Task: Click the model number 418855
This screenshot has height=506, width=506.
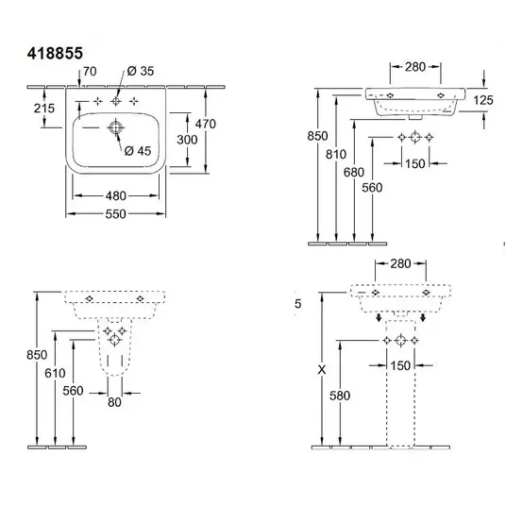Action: pos(55,53)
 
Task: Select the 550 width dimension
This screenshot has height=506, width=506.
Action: pos(115,214)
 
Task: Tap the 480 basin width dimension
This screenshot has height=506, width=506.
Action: pos(115,195)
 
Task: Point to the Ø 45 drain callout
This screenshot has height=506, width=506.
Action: pos(138,151)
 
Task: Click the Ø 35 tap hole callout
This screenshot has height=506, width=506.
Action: pos(141,71)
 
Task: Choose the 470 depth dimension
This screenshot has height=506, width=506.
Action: pos(206,124)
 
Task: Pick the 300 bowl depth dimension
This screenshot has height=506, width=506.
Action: pos(187,140)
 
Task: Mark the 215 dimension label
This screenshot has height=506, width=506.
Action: pos(44,109)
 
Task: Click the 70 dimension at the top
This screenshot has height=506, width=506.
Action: pos(90,72)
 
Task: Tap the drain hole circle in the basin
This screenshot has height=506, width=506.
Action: pos(115,127)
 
